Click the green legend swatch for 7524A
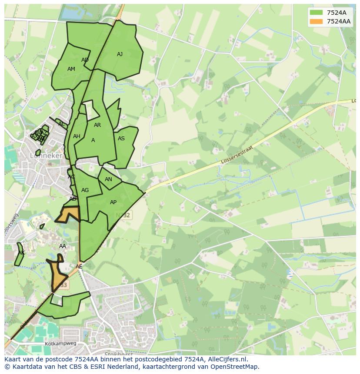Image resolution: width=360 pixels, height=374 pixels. [x=316, y=13]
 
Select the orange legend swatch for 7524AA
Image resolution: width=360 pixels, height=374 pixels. [x=316, y=21]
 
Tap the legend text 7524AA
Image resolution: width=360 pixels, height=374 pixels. [x=338, y=21]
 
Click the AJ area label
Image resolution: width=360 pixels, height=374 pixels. [x=120, y=54]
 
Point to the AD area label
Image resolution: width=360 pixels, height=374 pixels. [x=85, y=60]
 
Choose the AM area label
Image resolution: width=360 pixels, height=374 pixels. [x=71, y=69]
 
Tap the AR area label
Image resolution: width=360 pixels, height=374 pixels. [x=97, y=125]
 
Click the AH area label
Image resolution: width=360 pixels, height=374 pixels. [x=77, y=136]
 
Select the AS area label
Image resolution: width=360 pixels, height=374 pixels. [x=121, y=139]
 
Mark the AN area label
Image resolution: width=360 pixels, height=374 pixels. [x=108, y=179]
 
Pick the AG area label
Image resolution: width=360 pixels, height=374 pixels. [x=85, y=190]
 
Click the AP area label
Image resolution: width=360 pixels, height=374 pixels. [x=113, y=202]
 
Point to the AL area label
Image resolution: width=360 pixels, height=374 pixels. [x=61, y=124]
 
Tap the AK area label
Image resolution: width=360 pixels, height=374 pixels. [x=21, y=253]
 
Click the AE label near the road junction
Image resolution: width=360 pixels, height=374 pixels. [x=79, y=267]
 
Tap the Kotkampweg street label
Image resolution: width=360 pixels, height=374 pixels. [x=60, y=343]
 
